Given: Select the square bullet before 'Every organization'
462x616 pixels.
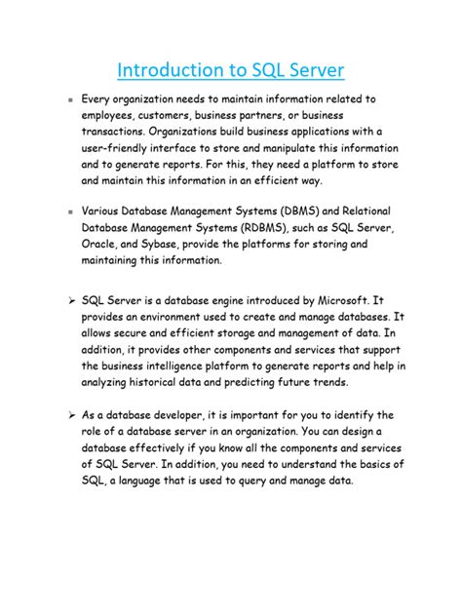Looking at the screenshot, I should [x=71, y=100].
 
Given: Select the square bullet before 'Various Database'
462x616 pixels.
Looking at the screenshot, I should [x=71, y=211].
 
